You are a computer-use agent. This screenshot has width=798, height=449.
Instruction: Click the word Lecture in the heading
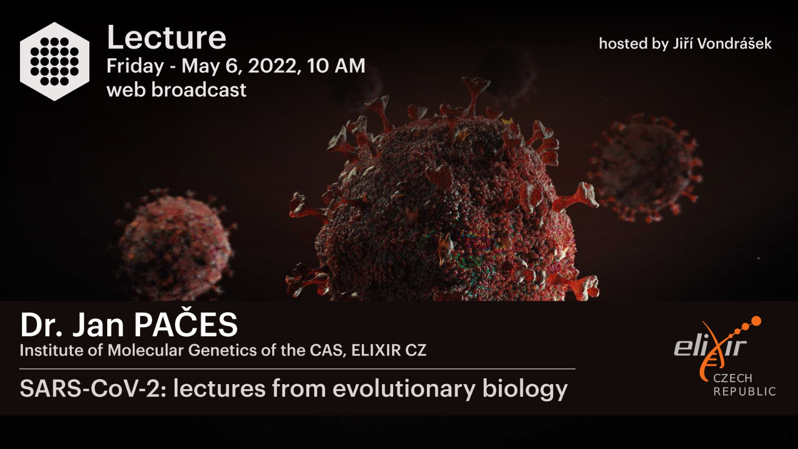click(167, 37)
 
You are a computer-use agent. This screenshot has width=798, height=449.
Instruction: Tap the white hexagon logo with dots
click(54, 61)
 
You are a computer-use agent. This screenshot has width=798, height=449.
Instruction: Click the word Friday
click(135, 67)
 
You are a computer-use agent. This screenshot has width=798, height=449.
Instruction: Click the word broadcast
click(199, 89)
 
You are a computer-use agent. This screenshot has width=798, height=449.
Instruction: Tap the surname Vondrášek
click(734, 43)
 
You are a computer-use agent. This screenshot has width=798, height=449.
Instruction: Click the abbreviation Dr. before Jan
click(42, 325)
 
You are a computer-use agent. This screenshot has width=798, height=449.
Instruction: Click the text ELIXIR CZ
click(389, 350)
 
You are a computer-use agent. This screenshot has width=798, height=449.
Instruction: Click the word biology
click(525, 389)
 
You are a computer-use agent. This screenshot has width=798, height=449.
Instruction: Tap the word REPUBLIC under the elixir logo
click(745, 392)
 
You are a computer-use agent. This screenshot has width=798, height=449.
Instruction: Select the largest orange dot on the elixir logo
click(755, 322)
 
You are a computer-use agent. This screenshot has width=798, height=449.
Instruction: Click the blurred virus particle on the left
click(175, 244)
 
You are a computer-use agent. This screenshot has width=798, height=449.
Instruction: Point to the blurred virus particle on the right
click(645, 168)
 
